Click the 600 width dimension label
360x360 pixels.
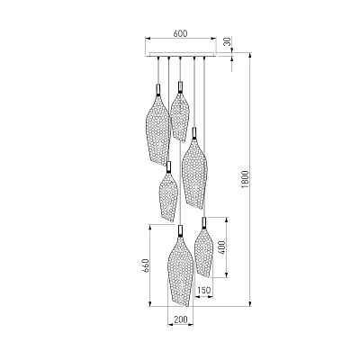(180, 33)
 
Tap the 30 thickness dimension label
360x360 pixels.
(229, 41)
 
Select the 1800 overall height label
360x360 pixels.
(245, 179)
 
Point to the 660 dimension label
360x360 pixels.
(146, 265)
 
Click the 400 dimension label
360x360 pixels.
(221, 247)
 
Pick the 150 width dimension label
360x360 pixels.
(204, 290)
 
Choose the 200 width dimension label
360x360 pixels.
(181, 319)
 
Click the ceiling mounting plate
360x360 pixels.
(181, 54)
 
